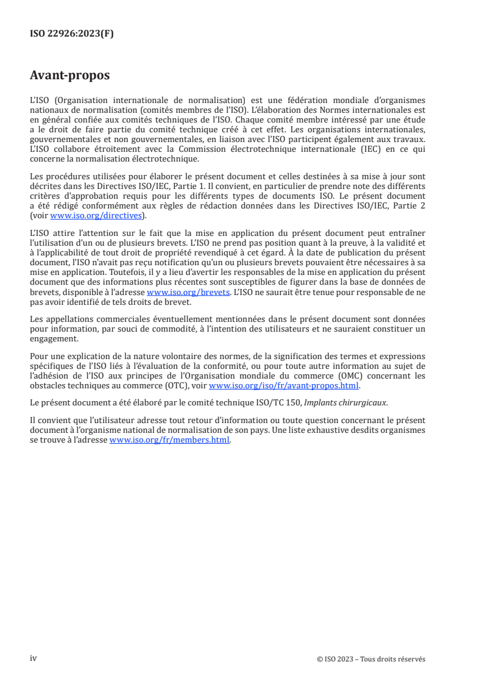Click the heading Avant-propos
point(70,76)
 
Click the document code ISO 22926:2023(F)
point(71,34)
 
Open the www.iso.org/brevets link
point(188,292)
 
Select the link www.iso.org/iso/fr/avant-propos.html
point(284,386)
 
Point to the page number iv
point(33,658)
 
